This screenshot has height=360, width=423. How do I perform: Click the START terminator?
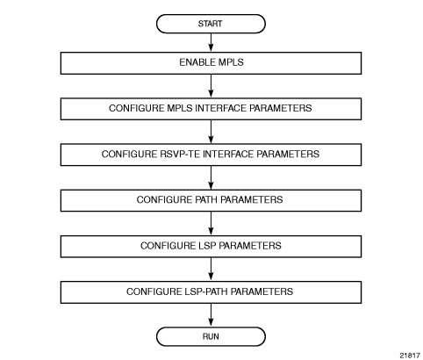click(211, 24)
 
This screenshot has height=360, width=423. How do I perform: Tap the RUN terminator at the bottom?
click(211, 336)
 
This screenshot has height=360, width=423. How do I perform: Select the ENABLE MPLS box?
click(211, 63)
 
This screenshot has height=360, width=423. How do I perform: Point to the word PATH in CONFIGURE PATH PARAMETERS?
click(205, 199)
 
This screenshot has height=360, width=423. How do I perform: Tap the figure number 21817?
click(410, 356)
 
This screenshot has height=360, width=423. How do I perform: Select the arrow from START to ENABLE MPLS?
click(211, 42)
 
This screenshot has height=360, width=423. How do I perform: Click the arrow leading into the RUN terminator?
click(211, 315)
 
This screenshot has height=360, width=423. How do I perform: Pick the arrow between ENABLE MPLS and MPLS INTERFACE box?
click(211, 86)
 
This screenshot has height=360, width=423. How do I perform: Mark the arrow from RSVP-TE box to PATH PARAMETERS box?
click(211, 177)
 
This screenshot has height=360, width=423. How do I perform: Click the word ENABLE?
click(193, 62)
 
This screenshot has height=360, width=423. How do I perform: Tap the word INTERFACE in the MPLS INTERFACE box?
click(221, 108)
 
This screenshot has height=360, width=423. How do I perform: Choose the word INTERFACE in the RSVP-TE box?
click(228, 154)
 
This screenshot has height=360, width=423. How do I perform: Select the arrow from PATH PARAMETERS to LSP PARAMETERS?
click(211, 224)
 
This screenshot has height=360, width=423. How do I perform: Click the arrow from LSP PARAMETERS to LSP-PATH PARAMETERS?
click(211, 270)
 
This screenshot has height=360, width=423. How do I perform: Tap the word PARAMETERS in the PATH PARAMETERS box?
click(251, 199)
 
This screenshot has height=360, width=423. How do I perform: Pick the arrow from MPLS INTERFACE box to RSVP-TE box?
click(211, 132)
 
